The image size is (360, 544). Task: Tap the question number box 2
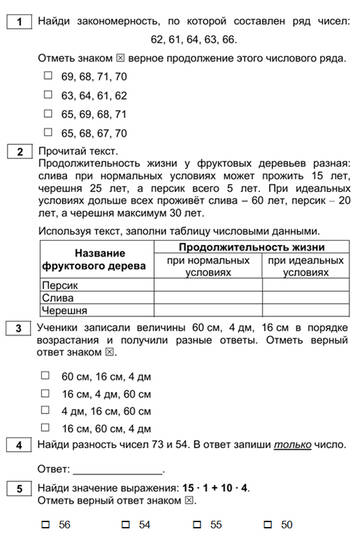tap(17, 151)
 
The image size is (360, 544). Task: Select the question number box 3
tap(17, 327)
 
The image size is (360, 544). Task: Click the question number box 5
tap(17, 487)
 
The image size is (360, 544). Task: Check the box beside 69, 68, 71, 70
tap(46, 75)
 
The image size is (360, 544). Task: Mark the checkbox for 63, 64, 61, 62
tap(46, 94)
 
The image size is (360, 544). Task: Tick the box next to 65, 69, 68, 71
tap(46, 113)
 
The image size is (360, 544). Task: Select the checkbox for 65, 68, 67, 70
tap(46, 132)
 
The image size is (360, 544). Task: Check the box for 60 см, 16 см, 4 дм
tap(46, 376)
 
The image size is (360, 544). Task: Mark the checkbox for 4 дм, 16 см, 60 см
tap(46, 410)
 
